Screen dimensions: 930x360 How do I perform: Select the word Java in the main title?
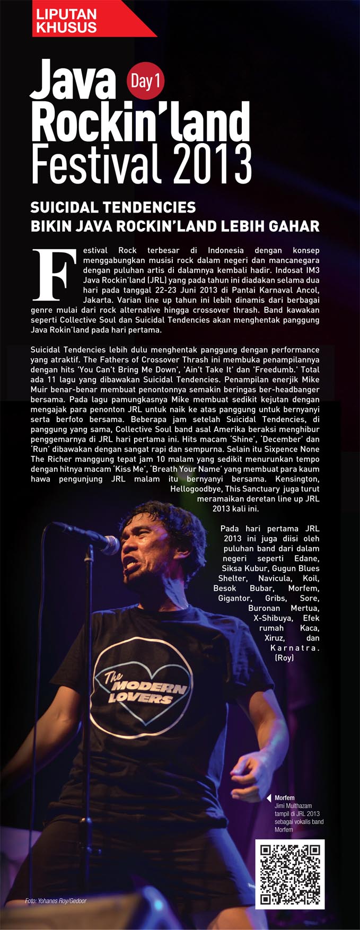(73, 80)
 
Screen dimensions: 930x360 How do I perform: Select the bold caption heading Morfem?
(285, 797)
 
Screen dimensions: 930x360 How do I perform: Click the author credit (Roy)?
(284, 658)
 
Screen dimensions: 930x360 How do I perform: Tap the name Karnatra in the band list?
(295, 648)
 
